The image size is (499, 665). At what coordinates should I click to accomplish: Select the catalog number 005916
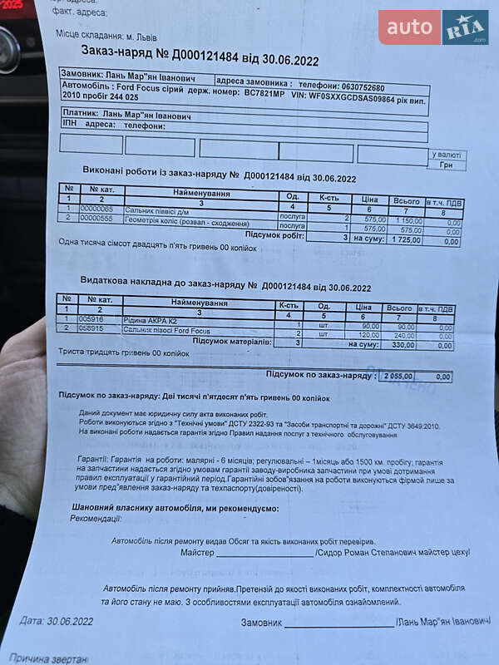click(x=91, y=318)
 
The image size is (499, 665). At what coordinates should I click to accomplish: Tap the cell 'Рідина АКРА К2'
click(x=149, y=319)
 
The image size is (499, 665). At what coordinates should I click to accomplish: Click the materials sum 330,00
click(x=404, y=345)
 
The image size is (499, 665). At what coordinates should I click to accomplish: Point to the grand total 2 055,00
click(x=398, y=377)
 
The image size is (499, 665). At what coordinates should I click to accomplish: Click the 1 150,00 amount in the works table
click(x=405, y=220)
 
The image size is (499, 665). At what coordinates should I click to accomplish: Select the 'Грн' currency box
click(x=446, y=165)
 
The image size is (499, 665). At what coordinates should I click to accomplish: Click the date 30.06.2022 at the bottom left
click(x=70, y=620)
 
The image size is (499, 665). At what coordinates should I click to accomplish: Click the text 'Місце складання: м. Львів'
click(x=106, y=37)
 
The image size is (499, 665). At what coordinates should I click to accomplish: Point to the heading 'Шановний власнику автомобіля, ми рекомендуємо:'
click(x=175, y=508)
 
